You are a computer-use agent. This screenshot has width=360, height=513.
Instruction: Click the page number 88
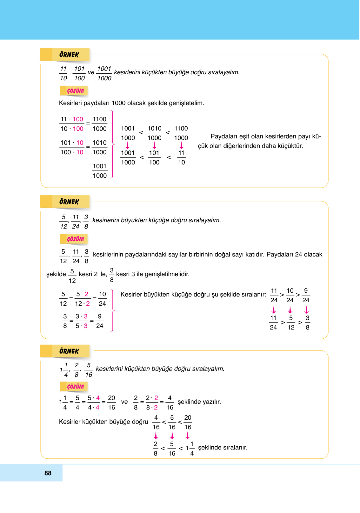point(48,473)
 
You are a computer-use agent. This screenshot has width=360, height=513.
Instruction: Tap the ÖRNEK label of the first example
point(69,55)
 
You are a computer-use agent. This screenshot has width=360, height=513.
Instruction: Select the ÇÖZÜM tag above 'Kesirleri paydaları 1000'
point(75,91)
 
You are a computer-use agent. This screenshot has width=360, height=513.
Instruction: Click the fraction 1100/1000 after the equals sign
point(99,124)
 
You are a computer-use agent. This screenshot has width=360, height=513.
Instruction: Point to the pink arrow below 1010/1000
point(155,145)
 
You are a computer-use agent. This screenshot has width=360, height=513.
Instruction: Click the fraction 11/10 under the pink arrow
point(181,157)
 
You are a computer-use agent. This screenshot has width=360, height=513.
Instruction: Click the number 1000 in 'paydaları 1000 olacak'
point(118,103)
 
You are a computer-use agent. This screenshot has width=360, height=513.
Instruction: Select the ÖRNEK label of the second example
point(69,202)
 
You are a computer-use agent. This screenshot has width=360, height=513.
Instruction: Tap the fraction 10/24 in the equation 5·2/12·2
point(102,299)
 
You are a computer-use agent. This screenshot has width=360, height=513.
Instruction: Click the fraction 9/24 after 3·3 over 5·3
point(100,321)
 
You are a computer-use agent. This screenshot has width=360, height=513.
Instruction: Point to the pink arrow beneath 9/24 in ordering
point(306,310)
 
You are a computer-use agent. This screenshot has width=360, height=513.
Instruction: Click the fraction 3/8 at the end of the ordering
point(307,323)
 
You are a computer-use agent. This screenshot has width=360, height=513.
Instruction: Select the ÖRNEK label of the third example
point(69,351)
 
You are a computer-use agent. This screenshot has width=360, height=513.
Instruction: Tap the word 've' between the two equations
point(124,402)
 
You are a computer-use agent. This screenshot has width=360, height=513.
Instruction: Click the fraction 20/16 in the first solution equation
point(111,403)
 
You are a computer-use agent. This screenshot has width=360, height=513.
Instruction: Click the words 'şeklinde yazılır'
point(199,402)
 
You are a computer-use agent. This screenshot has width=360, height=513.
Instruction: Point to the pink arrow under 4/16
point(156,436)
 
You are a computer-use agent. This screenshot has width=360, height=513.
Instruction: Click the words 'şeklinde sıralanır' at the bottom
point(223,448)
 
